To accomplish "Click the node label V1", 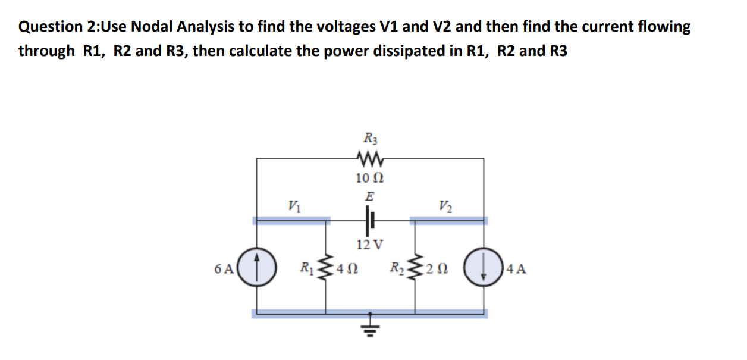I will click(x=293, y=206).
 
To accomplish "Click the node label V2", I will click(x=444, y=206).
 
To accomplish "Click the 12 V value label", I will click(x=370, y=244).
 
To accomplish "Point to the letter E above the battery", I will click(x=369, y=196).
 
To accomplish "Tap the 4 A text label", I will click(x=516, y=269).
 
